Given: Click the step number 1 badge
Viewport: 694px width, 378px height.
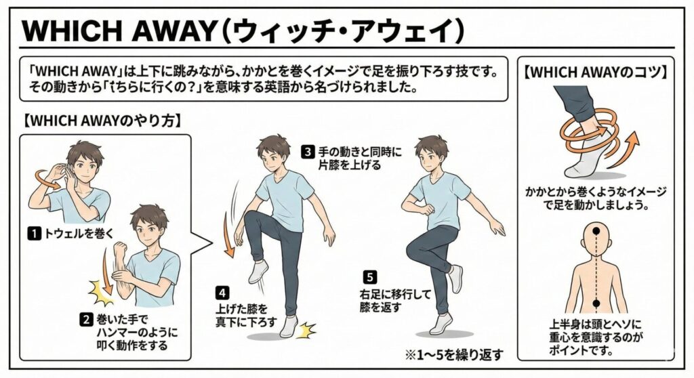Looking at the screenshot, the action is coord(34,233).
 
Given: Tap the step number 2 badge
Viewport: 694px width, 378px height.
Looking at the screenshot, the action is coord(86,319).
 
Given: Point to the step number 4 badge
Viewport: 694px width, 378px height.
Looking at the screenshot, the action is coord(222,293).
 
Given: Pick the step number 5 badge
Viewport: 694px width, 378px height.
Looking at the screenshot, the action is coord(369,278).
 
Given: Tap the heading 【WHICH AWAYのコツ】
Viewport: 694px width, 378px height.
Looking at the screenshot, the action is coord(596,72).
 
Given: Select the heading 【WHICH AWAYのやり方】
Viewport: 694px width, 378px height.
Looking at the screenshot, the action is coord(102,121).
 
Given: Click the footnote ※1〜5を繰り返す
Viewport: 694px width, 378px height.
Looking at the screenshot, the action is coord(454,354).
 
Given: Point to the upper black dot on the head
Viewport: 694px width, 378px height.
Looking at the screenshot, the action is coord(596,230).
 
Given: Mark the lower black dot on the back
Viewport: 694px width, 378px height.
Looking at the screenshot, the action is coord(596,303).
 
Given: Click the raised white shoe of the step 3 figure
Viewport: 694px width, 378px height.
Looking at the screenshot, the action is coord(258,272).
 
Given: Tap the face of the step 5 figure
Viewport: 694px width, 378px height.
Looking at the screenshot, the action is coord(430,157).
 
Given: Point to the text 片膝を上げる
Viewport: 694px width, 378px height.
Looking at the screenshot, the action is coord(349,165).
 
